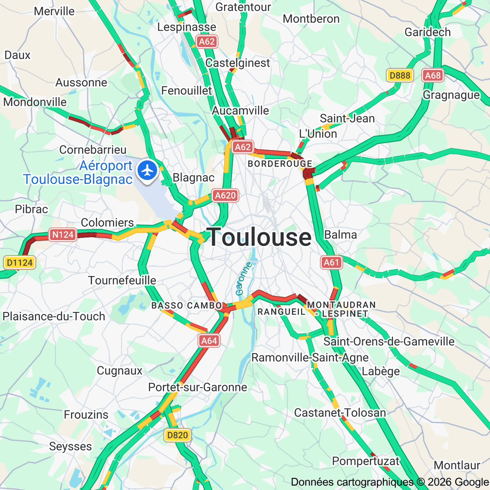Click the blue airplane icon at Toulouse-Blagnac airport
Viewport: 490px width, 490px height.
click(x=147, y=170)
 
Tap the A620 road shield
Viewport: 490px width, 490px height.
click(x=225, y=196)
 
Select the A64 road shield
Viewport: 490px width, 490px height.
click(x=209, y=341)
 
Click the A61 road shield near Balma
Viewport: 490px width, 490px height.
click(x=331, y=262)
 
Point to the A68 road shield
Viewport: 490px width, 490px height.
click(x=432, y=75)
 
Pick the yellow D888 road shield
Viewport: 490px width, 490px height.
click(x=400, y=75)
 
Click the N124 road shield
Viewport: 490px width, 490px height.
click(x=63, y=234)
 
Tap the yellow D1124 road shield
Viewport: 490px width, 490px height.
click(x=20, y=263)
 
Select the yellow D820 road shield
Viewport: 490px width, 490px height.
click(x=178, y=435)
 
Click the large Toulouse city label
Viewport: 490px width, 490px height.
click(x=259, y=237)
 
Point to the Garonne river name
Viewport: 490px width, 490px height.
click(x=244, y=279)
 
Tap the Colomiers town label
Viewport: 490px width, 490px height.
click(x=107, y=223)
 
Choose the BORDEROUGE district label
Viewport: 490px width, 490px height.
click(x=280, y=164)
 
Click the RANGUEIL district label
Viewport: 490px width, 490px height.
click(x=281, y=312)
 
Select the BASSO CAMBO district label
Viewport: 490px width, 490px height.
click(x=187, y=305)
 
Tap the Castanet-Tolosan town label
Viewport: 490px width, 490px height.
click(x=340, y=413)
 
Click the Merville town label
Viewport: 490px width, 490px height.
click(x=54, y=11)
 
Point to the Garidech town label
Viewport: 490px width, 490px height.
click(x=428, y=32)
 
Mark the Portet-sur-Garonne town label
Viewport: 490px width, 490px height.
click(x=198, y=387)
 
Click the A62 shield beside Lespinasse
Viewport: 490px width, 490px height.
click(x=207, y=41)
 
